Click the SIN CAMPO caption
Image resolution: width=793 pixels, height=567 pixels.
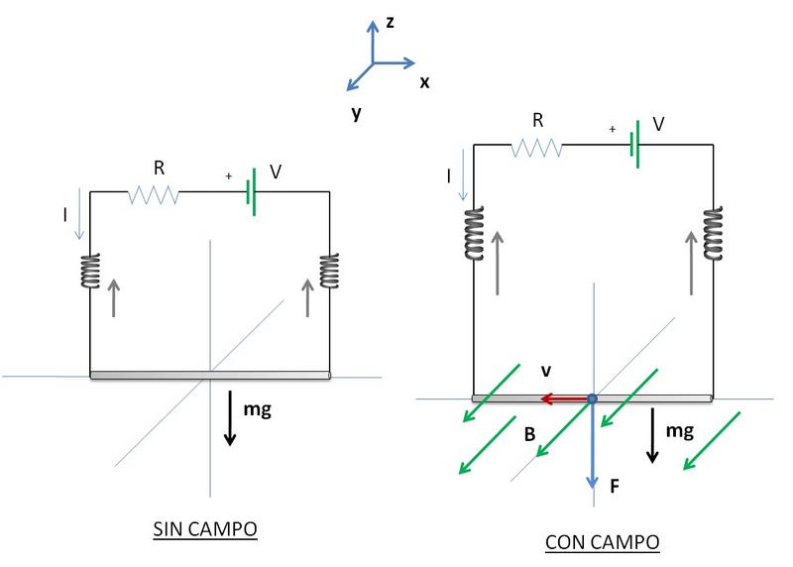point(205,529)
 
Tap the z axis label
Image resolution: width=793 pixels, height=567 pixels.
point(391,21)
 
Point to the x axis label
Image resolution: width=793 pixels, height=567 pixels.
point(424,81)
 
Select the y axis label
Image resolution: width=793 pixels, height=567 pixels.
point(355,113)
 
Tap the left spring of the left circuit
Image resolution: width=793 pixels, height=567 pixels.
point(90,271)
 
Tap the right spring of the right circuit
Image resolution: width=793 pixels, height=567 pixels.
point(713,233)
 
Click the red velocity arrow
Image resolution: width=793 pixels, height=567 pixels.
point(564,398)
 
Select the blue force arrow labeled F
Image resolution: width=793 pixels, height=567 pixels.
point(592,446)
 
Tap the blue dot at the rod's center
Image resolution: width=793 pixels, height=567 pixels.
point(592,398)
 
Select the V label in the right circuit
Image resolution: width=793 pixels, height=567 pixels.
point(658,125)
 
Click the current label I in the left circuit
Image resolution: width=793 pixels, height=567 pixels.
point(66,211)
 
